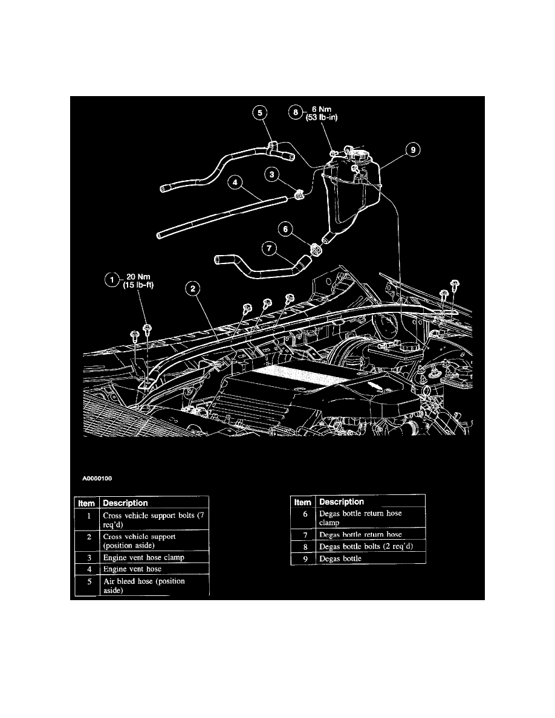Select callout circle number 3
[274, 175]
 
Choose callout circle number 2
[192, 289]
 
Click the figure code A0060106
[97, 477]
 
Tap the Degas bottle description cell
[340, 558]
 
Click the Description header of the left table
[125, 502]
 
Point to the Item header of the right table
[302, 502]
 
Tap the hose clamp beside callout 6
[314, 249]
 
